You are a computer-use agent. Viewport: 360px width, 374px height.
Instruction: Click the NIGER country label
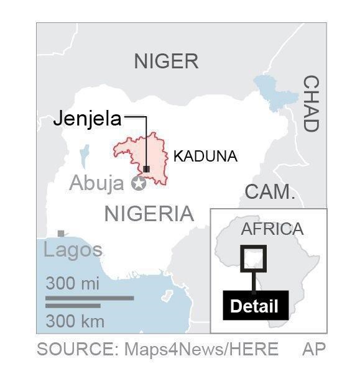(x=166, y=61)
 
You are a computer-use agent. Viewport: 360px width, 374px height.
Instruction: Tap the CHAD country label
(x=310, y=104)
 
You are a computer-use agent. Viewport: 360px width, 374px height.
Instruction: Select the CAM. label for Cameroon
(x=269, y=192)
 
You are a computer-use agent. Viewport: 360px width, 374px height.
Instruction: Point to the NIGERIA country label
(x=149, y=214)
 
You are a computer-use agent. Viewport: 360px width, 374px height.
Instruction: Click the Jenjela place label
(x=87, y=119)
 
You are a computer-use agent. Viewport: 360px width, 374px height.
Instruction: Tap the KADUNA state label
(x=205, y=157)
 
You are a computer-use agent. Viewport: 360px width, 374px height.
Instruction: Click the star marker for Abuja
(x=138, y=183)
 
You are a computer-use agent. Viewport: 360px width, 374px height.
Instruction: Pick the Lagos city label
(x=73, y=250)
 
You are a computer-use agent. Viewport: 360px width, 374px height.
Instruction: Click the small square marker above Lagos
(x=61, y=234)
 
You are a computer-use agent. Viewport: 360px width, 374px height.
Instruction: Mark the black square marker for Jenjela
(x=146, y=169)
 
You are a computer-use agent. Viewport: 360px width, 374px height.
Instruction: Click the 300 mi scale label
(x=73, y=284)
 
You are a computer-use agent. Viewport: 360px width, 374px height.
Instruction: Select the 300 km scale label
(x=75, y=321)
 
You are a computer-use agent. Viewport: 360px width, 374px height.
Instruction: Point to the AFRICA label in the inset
(x=272, y=229)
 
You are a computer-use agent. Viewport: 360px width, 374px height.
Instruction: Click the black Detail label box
(x=254, y=306)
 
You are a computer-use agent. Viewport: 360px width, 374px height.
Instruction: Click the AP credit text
(x=313, y=349)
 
